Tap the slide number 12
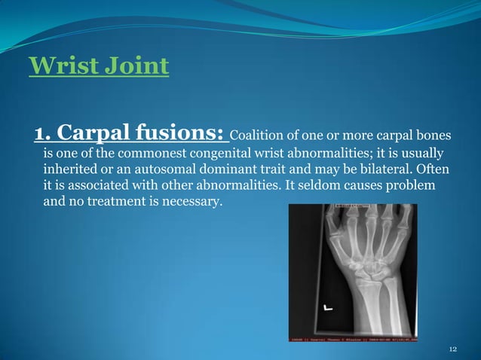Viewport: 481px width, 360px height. (x=452, y=350)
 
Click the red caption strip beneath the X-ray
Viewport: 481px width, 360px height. (x=351, y=340)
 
